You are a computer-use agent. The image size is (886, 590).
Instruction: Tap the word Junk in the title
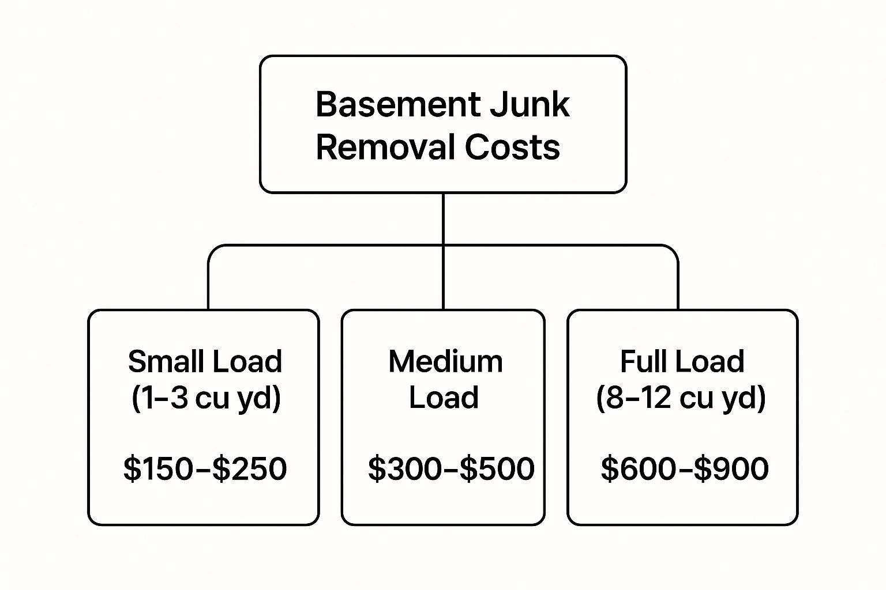tap(530, 105)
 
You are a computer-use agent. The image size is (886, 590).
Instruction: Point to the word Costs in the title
tap(512, 147)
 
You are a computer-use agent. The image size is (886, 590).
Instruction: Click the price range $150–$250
tap(205, 468)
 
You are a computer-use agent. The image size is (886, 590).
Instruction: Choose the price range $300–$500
tap(451, 468)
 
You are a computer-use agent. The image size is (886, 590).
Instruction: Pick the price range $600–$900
tap(685, 468)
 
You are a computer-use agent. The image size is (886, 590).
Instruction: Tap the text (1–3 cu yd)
tap(206, 398)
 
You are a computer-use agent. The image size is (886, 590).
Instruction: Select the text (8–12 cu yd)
tap(681, 398)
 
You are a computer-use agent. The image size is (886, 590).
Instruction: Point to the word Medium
tap(445, 362)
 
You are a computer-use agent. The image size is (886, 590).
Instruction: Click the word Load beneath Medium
tap(444, 398)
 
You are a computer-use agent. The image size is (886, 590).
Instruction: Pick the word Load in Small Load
tap(246, 362)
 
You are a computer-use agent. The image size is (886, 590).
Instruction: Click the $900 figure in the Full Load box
tap(731, 468)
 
